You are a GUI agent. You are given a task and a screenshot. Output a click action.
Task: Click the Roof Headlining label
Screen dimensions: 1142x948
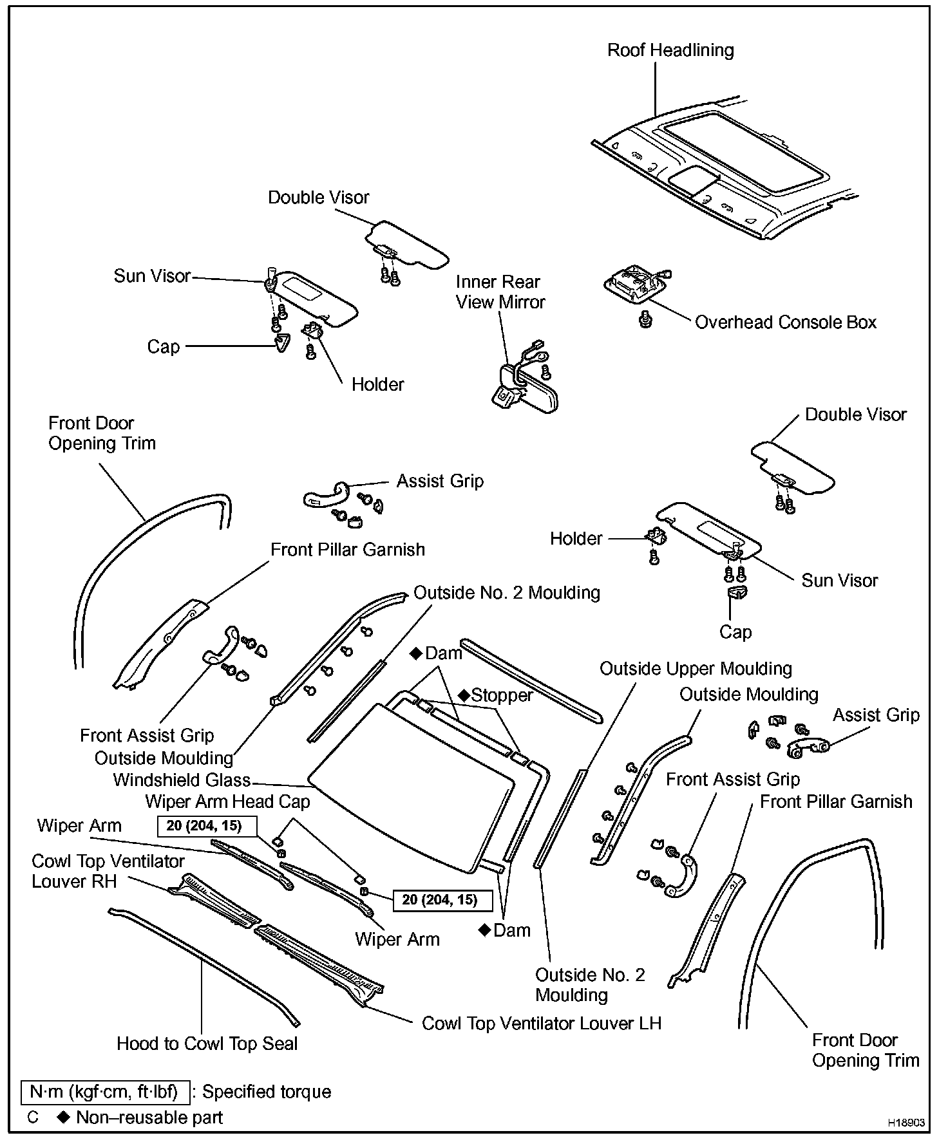(670, 50)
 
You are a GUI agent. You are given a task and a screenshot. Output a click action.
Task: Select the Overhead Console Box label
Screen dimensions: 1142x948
(786, 322)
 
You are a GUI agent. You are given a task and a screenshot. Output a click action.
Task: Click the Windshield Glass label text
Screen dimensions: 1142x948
(182, 780)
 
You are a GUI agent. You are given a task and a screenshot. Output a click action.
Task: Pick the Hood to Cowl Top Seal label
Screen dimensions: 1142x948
(207, 1044)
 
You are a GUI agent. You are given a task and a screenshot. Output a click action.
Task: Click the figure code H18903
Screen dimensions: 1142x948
(906, 1123)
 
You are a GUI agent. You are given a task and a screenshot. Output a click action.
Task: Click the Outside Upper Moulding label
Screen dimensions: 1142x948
(696, 669)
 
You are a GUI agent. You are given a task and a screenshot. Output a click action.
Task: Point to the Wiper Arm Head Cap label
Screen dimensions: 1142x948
(227, 801)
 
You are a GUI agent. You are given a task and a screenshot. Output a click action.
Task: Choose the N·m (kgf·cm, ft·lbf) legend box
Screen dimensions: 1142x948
(105, 1092)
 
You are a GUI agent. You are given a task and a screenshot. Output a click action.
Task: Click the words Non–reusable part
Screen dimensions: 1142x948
(149, 1117)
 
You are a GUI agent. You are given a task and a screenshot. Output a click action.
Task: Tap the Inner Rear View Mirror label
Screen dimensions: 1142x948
(500, 292)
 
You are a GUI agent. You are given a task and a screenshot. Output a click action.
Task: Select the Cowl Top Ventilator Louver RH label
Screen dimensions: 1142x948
(108, 871)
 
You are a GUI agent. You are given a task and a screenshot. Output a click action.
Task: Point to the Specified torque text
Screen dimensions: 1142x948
(267, 1092)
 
